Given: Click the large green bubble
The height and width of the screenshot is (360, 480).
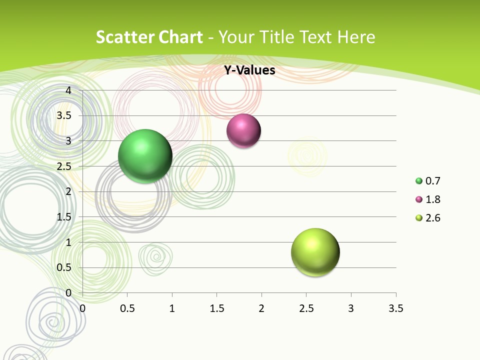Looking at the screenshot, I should pos(145,156).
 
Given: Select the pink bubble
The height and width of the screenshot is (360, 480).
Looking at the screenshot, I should pos(243,131).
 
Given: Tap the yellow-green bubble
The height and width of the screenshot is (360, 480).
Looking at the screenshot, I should pos(315,252).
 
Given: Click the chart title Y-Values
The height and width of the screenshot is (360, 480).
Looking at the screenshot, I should pos(249,70).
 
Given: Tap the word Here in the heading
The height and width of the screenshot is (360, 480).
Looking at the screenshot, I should pos(356,37).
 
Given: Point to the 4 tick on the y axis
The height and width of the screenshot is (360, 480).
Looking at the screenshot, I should pos(69,90).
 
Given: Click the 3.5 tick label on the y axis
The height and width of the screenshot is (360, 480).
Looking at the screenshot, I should pos(64,115).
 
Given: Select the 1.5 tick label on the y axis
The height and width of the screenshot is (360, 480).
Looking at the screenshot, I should pos(64,216).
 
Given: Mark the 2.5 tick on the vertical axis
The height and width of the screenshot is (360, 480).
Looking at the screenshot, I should pos(64,166).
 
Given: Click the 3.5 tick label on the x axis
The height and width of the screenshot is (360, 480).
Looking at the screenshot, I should pos(395,308).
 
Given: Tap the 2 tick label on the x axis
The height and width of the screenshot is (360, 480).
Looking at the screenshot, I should pos(261,308).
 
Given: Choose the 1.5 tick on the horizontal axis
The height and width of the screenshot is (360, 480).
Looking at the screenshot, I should pos(216,308).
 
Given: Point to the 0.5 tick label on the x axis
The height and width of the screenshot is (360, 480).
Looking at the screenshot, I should pos(127,308).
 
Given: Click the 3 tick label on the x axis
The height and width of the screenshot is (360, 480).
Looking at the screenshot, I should pos(351,308).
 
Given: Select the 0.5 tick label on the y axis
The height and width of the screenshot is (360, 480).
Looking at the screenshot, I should pos(64,267).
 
